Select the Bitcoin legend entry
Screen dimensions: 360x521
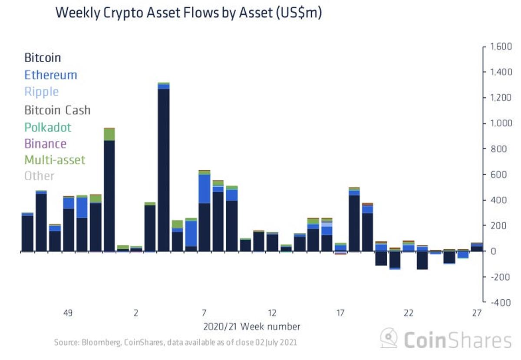coord(43,57)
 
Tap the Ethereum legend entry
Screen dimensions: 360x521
coord(50,75)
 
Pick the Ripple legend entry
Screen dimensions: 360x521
coord(41,92)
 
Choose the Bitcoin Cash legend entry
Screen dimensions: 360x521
coord(57,109)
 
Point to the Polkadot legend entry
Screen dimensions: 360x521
coord(48,127)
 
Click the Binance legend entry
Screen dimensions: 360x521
coord(45,143)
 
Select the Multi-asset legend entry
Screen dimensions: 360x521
coord(55,160)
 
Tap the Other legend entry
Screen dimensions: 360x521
coord(39,176)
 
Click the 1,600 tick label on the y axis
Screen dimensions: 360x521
coord(501,46)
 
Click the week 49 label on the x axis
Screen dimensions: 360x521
coord(67,313)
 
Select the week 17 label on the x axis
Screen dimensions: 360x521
coord(340,313)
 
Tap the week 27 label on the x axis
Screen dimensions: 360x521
coord(477,313)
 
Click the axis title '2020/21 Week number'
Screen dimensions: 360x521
coord(251,326)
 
